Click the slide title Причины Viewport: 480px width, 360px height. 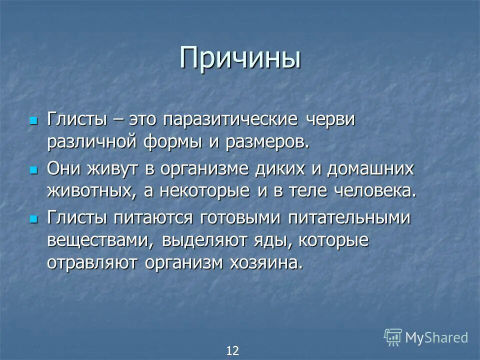tap(240, 58)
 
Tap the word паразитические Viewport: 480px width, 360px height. tap(233, 120)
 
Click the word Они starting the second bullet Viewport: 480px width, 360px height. tap(63, 169)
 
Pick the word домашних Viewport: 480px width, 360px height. tap(370, 169)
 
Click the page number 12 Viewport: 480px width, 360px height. tap(232, 350)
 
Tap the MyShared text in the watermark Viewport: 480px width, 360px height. tap(436, 337)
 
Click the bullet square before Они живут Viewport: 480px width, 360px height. tap(34, 170)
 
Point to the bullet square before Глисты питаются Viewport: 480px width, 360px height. tap(34, 219)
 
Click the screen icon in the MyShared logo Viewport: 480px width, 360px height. tap(393, 337)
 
